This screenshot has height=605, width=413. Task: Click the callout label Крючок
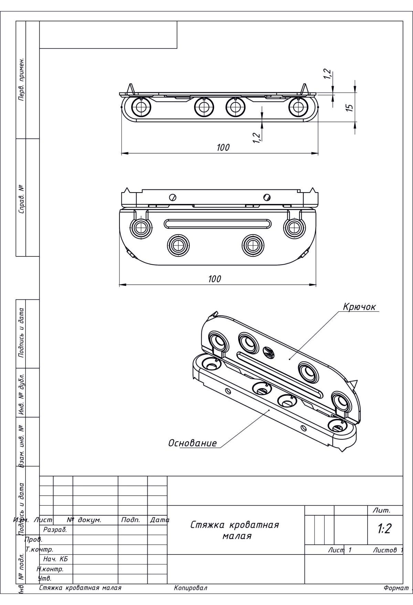(359, 307)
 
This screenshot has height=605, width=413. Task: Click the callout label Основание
(192, 443)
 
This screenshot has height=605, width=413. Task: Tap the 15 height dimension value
(349, 107)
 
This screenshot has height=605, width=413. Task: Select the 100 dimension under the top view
(223, 147)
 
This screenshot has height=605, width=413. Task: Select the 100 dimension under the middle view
(214, 279)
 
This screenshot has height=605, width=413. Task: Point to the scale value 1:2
(384, 529)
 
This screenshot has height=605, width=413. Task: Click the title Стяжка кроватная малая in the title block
(235, 530)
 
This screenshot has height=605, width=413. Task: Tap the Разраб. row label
(55, 530)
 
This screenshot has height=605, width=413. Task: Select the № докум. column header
(84, 520)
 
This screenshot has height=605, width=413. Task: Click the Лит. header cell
(381, 510)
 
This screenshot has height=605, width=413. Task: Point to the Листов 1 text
(388, 550)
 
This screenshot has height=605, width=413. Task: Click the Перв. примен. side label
(21, 79)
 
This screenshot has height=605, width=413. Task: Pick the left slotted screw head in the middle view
(173, 197)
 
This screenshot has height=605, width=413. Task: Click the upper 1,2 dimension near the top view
(327, 74)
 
